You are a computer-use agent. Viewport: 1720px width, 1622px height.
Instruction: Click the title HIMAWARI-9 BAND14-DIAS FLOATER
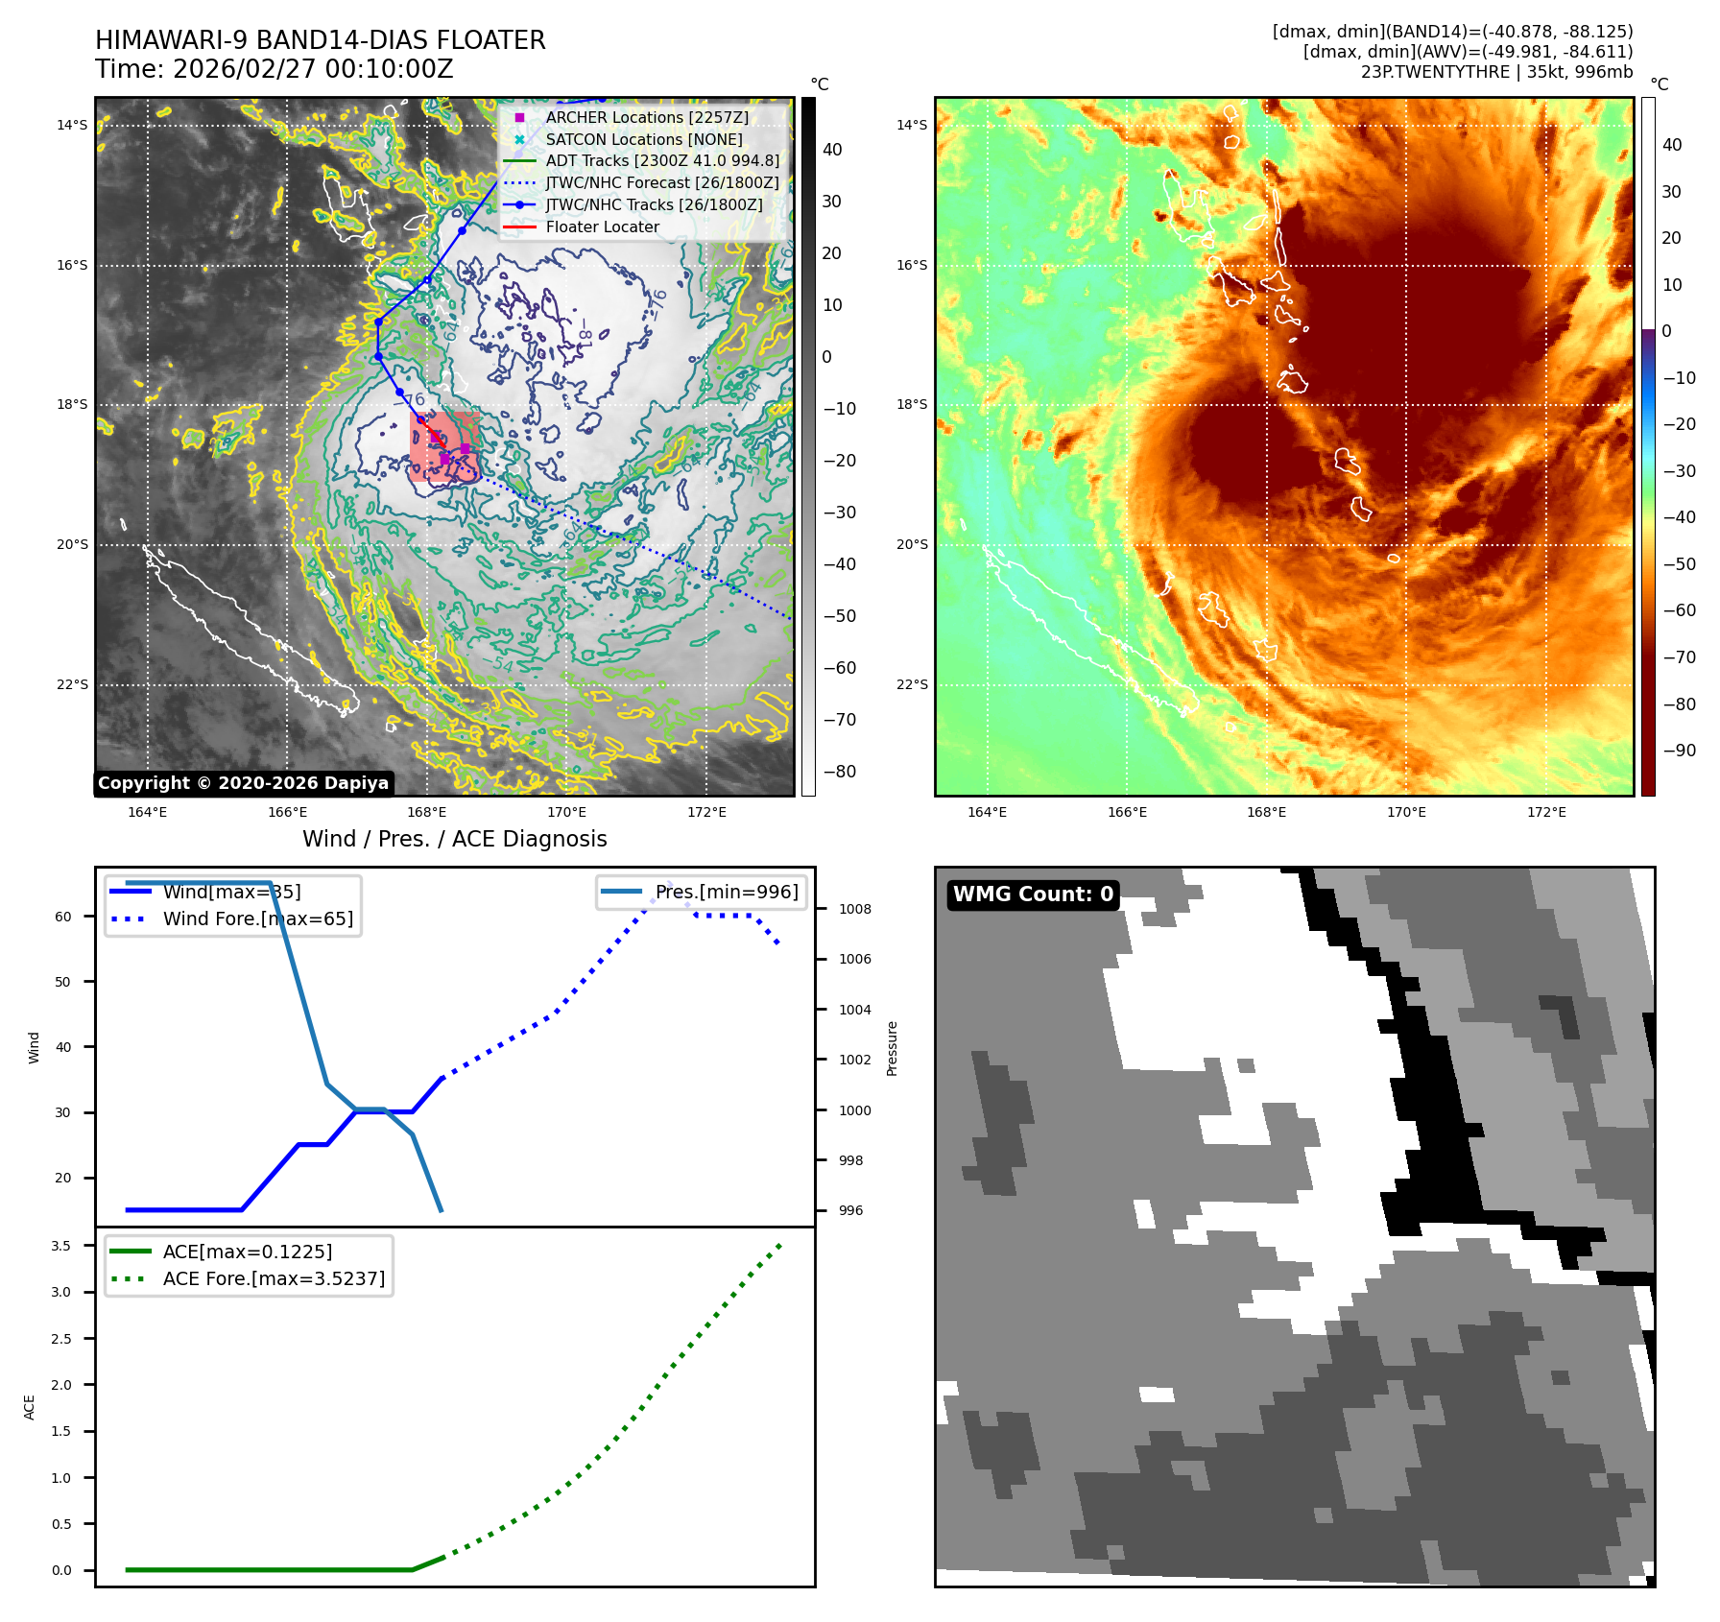[320, 40]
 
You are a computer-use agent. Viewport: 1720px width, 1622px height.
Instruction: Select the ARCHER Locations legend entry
[646, 117]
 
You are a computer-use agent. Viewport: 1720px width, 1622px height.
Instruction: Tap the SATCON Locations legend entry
[643, 139]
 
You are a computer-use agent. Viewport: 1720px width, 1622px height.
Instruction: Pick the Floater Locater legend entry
[602, 227]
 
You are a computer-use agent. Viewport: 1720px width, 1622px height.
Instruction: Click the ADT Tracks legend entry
[661, 161]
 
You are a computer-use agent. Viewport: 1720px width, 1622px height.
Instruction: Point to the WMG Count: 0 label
[1033, 894]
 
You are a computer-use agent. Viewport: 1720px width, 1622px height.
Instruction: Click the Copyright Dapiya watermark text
[243, 783]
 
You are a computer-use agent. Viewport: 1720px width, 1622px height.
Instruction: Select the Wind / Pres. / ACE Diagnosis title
[454, 839]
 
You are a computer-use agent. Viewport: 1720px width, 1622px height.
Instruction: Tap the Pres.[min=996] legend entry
[726, 892]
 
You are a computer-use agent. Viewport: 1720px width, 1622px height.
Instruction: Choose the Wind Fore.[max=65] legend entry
[257, 918]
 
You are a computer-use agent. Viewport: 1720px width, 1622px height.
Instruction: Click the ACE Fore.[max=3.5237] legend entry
[274, 1278]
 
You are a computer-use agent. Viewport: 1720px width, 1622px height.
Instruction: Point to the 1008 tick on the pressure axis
[854, 909]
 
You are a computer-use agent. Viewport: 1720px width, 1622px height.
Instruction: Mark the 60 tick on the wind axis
[63, 917]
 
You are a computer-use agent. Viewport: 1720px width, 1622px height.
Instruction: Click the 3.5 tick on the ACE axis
[61, 1246]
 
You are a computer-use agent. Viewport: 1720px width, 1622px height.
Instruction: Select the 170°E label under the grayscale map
[566, 812]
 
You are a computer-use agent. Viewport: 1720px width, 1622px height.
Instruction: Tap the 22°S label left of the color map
[912, 684]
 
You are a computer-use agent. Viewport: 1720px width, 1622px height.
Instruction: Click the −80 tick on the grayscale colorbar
[839, 772]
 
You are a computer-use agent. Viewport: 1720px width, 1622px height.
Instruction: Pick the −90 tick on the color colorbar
[1679, 751]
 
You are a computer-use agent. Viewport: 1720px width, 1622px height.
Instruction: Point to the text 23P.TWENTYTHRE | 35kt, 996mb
[1496, 72]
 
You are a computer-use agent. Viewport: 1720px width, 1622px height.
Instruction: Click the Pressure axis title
[892, 1048]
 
